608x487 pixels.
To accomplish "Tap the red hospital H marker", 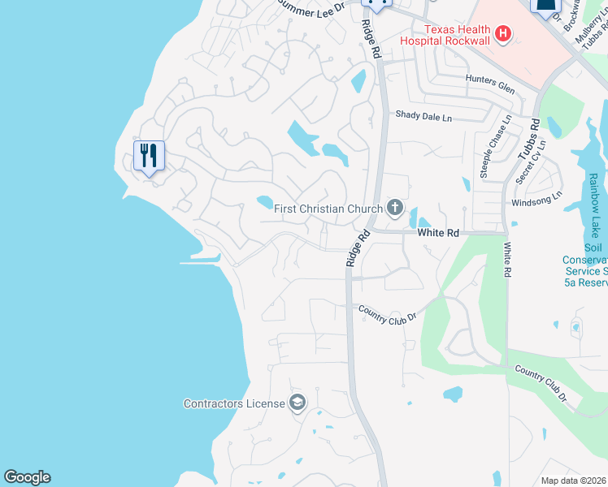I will pos(504,33).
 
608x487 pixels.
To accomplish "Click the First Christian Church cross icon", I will pos(394,209).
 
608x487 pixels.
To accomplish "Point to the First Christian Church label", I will pos(328,209).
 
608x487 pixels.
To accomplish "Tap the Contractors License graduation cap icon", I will pos(297,403).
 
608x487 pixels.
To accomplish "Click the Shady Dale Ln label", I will pos(423,116).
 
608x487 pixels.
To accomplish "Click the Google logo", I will pos(27,477).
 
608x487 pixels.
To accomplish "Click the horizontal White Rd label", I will pos(438,232).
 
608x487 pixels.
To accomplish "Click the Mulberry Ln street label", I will pos(583,24).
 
